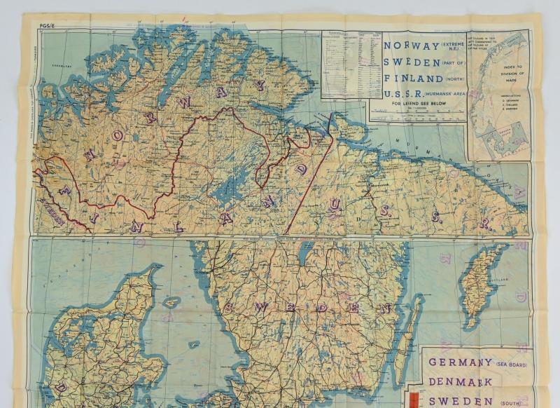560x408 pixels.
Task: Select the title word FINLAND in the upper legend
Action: pyautogui.click(x=405, y=79)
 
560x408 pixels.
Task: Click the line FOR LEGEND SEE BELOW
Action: pyautogui.click(x=413, y=105)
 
